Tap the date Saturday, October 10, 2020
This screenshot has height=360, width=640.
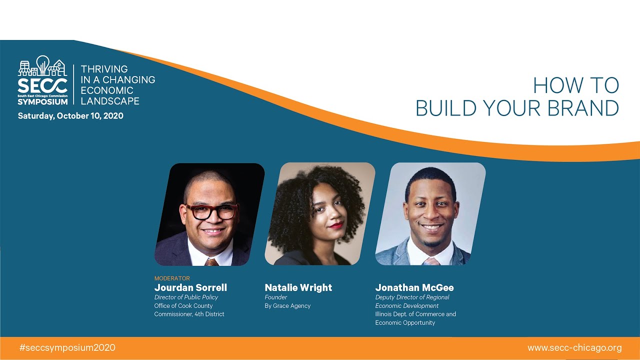coord(70,116)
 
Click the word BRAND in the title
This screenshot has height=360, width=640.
coord(582,108)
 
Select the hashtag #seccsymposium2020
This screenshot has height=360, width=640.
coord(67,347)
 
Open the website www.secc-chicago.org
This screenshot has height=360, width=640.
coord(574,347)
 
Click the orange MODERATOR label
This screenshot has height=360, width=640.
coord(172,278)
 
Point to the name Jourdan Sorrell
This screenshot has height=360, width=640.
coord(190,287)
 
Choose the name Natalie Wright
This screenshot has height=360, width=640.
coord(298,287)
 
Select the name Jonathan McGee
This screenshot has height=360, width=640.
coord(414,287)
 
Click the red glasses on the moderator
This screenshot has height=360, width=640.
coord(211,211)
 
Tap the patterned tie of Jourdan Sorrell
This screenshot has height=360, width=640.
coord(212,261)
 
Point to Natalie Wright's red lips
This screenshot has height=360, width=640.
coord(336,225)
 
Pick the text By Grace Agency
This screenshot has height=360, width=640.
coord(287,306)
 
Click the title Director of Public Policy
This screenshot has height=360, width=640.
coord(186,297)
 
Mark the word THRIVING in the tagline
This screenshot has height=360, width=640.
coord(104,69)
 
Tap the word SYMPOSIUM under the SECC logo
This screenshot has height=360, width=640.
coord(42,101)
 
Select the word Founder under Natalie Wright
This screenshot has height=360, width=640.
coord(276,297)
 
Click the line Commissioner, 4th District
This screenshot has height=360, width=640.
coord(189,314)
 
